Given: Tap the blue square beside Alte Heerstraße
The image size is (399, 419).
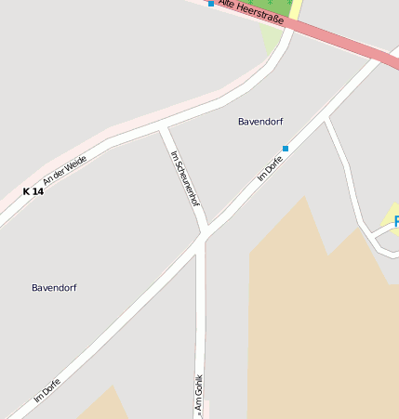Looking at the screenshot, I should point(211,5).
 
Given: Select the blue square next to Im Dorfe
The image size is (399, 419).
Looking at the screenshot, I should point(286,149).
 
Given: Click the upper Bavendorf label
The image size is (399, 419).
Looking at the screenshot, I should point(260,122).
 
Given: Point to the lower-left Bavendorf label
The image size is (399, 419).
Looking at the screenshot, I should point(54,288).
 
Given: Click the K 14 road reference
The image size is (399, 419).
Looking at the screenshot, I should point(33,191).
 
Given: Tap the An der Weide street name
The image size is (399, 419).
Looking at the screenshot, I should point(65,169).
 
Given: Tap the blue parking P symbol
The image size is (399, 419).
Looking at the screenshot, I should point(396,222).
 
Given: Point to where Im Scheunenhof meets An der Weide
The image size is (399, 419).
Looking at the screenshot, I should point(163,126).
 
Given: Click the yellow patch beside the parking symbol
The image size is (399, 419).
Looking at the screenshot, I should point(388,224).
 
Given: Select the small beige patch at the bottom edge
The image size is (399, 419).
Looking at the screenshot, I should point(102,406).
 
